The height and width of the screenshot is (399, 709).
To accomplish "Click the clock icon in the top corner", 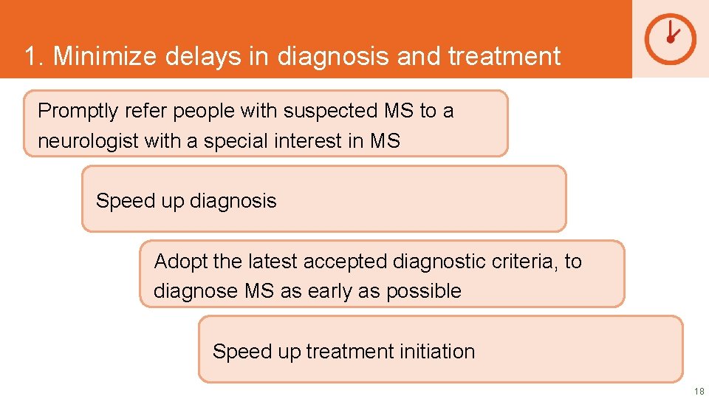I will pos(670,38).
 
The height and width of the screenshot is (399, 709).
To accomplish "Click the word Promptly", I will pos(78,112).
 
